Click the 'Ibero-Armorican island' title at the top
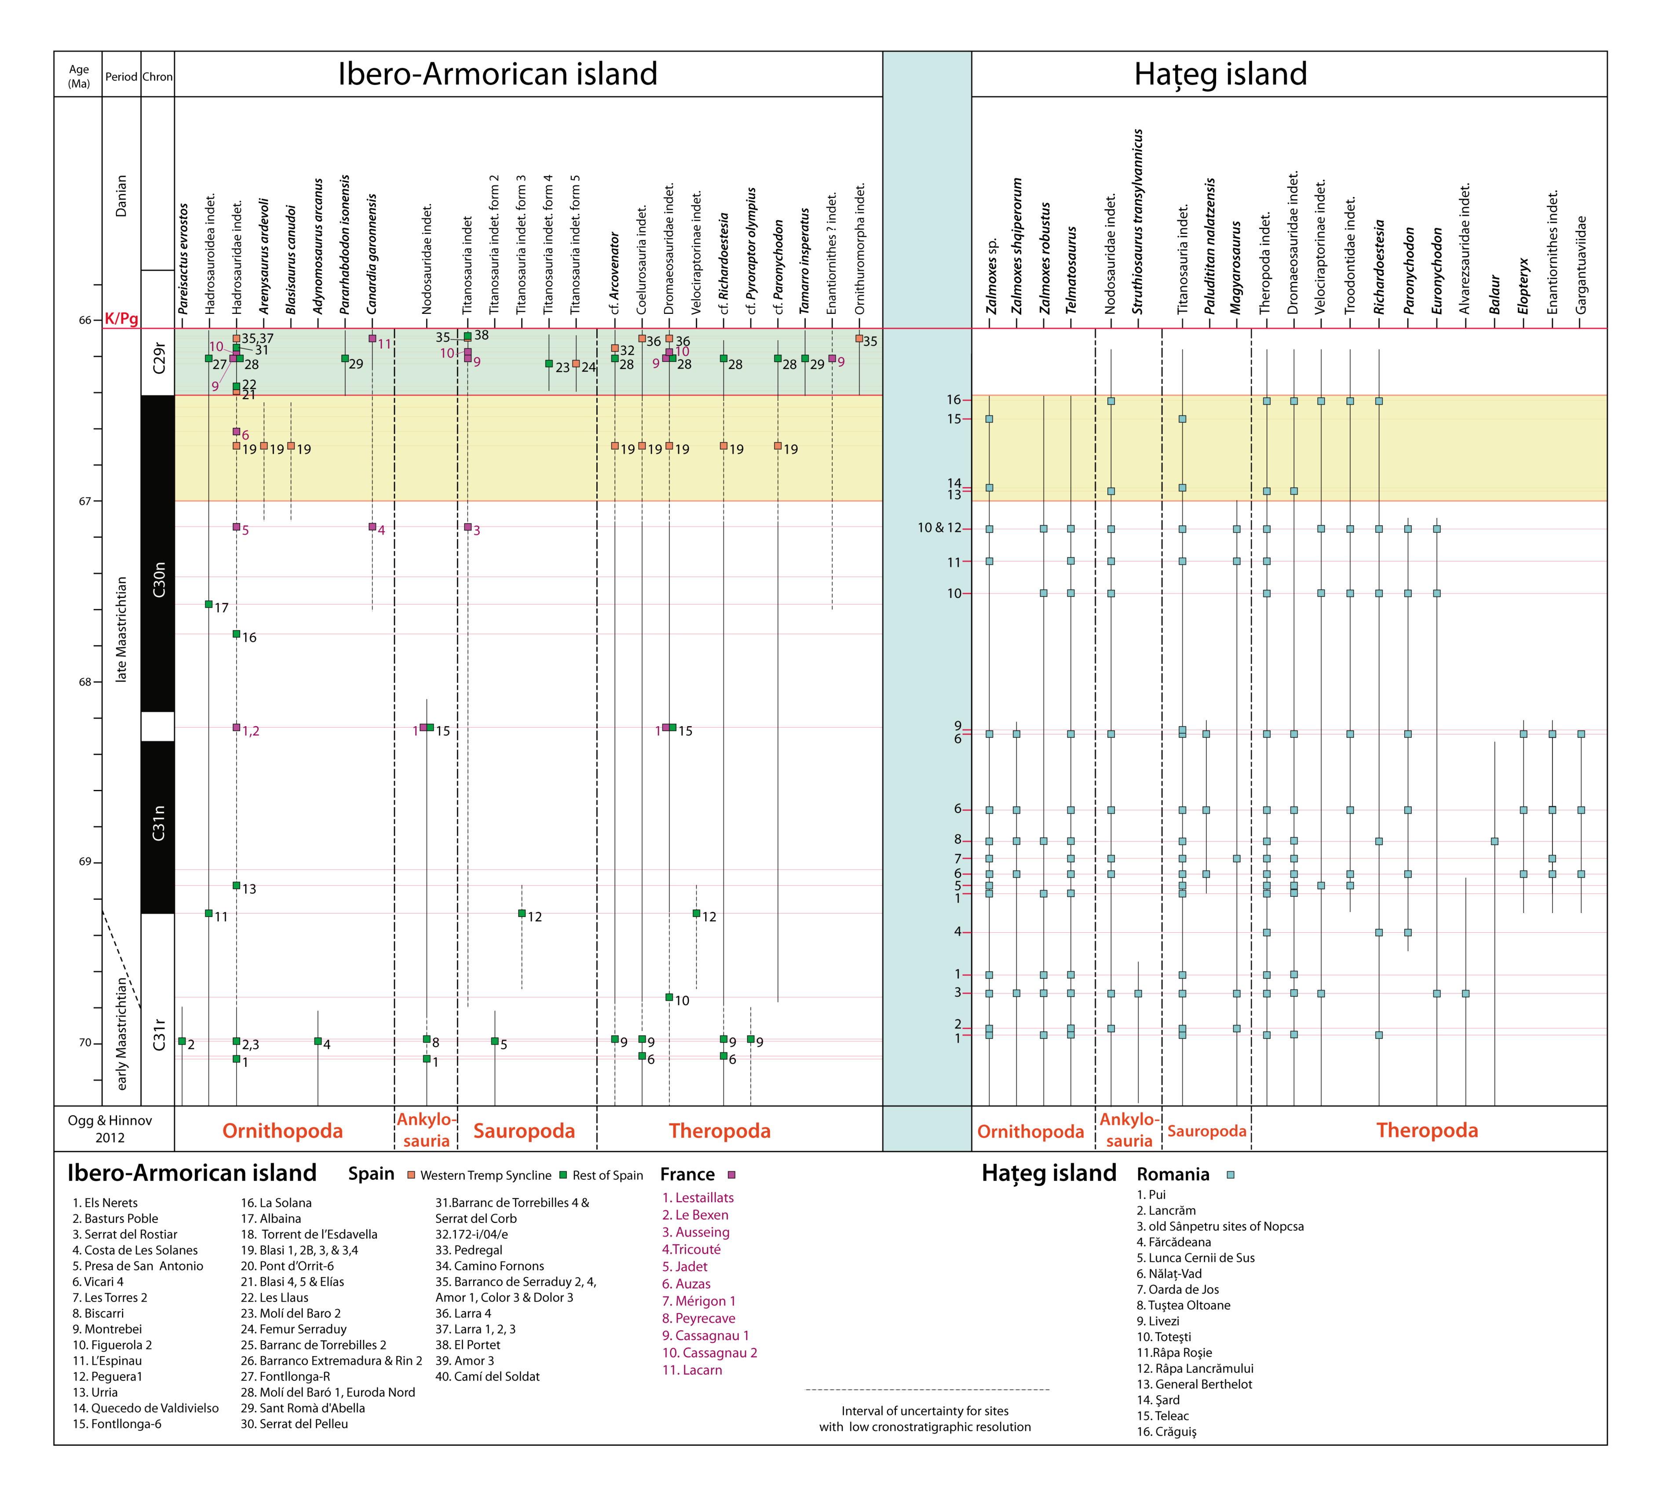coord(497,74)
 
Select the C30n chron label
coord(159,579)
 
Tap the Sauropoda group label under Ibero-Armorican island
coord(524,1131)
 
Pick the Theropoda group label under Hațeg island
coord(1427,1130)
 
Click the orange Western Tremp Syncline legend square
coord(411,1175)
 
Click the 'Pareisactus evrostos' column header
coord(184,258)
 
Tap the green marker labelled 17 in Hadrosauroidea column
coord(208,605)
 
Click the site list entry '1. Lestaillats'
coord(698,1197)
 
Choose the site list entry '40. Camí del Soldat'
coord(488,1376)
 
